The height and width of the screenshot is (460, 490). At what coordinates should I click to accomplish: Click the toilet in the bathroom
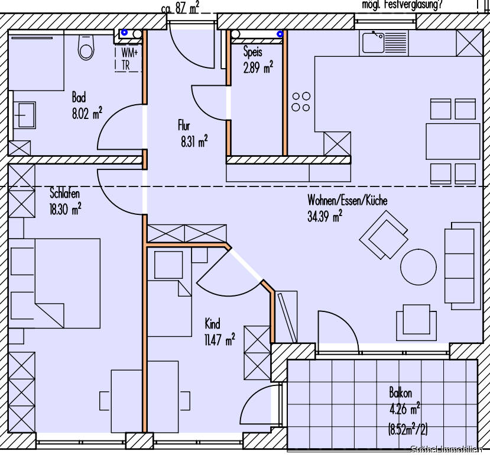tap(86, 48)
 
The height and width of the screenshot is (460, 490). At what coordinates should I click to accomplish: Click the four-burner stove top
tap(300, 101)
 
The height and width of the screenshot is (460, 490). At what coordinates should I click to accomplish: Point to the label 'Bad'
tap(79, 98)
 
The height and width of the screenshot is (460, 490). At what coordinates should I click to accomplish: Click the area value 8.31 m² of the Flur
tap(194, 141)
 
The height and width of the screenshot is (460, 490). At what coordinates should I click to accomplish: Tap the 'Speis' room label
tap(253, 52)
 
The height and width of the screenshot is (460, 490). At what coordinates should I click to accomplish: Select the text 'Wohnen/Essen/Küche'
tap(347, 201)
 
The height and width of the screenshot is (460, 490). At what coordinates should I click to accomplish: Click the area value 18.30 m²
tap(65, 208)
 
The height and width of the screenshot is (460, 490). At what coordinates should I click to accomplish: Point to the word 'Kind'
tap(212, 324)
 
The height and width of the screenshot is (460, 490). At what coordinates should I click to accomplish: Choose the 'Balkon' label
tap(400, 393)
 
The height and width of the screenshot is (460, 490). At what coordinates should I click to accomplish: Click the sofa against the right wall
tap(463, 265)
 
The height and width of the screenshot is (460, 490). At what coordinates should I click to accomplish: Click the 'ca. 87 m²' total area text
tap(180, 7)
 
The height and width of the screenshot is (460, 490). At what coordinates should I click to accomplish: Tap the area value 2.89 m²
tap(258, 67)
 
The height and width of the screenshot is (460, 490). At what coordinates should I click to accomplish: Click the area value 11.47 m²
tap(219, 339)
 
